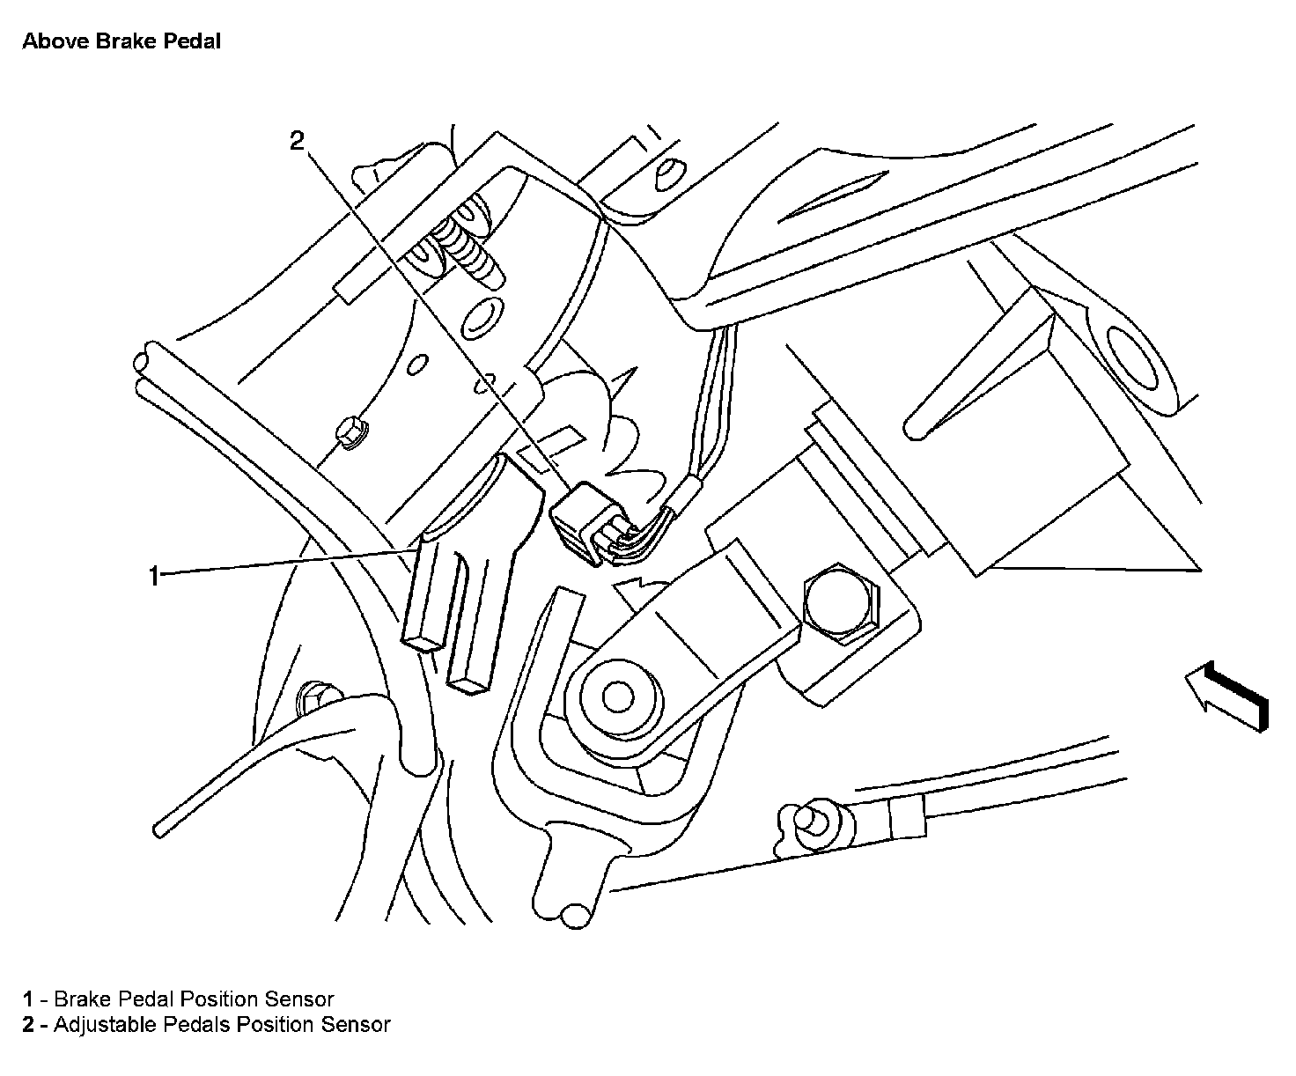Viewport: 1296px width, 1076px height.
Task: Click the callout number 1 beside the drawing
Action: click(x=154, y=577)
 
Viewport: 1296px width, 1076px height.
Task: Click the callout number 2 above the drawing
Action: click(x=298, y=141)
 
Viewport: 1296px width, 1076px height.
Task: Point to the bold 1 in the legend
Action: click(x=28, y=999)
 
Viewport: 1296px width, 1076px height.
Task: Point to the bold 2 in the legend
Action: click(x=29, y=1024)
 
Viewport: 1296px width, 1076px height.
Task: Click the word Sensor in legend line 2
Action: click(x=356, y=1024)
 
